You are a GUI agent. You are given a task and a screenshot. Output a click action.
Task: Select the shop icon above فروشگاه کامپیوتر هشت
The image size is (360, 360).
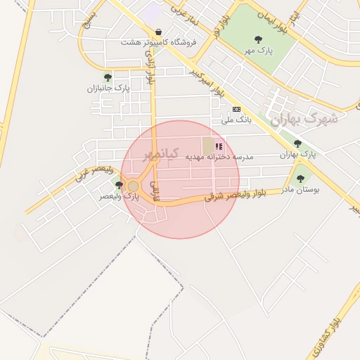click(160, 32)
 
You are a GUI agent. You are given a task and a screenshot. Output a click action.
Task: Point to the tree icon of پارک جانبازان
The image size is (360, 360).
click(108, 77)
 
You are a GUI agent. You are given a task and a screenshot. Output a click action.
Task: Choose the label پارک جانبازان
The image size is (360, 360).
click(108, 89)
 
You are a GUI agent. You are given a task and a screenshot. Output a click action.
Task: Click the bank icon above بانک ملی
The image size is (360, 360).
click(236, 109)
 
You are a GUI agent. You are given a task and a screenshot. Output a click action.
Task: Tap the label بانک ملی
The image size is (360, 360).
click(236, 120)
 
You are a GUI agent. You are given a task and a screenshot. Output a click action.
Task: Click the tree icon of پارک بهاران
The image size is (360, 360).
click(297, 143)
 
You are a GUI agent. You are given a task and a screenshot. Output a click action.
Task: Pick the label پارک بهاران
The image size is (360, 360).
click(299, 153)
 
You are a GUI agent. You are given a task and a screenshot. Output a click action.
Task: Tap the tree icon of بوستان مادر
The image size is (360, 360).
click(301, 179)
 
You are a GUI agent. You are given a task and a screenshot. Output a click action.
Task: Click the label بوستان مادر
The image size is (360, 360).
click(300, 190)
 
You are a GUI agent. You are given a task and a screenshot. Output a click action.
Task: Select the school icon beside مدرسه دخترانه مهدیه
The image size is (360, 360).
click(219, 147)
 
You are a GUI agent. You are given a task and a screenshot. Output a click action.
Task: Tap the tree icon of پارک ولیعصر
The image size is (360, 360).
click(120, 185)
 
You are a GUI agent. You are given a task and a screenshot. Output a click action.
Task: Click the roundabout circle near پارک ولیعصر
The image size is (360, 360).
click(133, 186)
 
